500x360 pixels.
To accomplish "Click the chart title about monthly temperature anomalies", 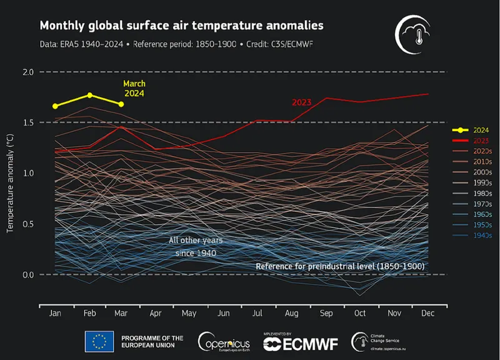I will [x=181, y=26].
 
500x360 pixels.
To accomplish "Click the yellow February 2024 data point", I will [x=90, y=95].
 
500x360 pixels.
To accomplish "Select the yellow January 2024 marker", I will [x=55, y=106].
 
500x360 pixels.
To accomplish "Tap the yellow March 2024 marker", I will [x=121, y=104].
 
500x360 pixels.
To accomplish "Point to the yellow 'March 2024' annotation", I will [x=134, y=89].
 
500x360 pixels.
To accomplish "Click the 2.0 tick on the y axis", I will [x=27, y=72].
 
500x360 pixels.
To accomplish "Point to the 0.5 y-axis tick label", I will [x=27, y=224].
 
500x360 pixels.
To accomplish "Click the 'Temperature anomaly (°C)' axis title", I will [x=10, y=181].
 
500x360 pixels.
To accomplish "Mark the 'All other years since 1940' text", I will [x=196, y=246].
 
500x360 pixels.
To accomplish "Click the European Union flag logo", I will [x=99, y=341].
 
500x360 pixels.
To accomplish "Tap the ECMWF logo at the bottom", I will [x=301, y=342].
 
